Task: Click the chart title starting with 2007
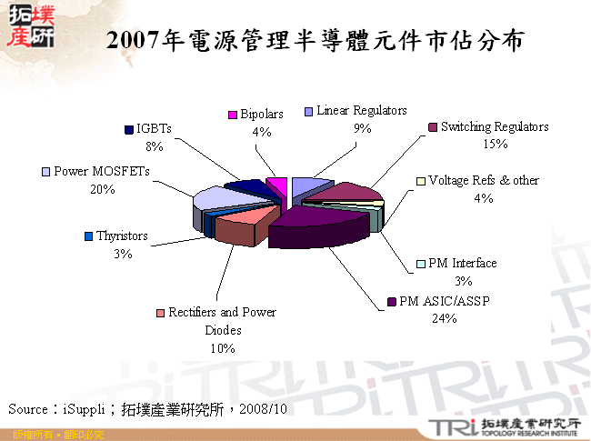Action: pyautogui.click(x=314, y=41)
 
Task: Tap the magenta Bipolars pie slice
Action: pyautogui.click(x=279, y=186)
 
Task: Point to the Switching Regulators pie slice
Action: pyautogui.click(x=340, y=191)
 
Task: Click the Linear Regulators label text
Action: pyautogui.click(x=361, y=111)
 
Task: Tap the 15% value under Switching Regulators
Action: pyautogui.click(x=495, y=144)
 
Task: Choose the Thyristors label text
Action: pyautogui.click(x=123, y=236)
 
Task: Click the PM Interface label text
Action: pyautogui.click(x=462, y=264)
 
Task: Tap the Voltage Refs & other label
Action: pyautogui.click(x=483, y=181)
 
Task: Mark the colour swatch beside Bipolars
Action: pyautogui.click(x=233, y=115)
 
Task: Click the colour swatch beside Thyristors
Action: pyautogui.click(x=88, y=236)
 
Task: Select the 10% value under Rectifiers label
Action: pyautogui.click(x=222, y=347)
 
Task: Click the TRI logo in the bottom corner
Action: pyautogui.click(x=446, y=428)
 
